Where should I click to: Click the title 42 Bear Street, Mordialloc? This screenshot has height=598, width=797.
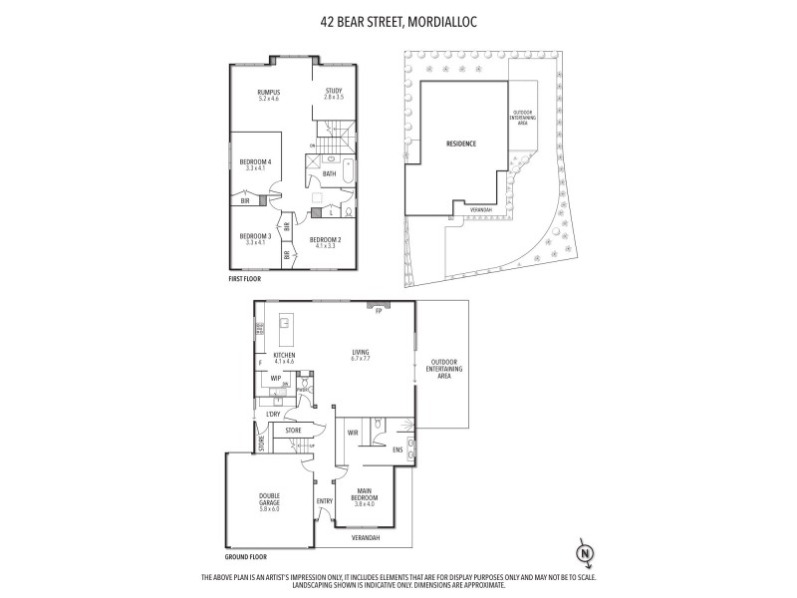[398, 17]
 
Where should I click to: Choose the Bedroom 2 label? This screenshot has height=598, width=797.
[325, 241]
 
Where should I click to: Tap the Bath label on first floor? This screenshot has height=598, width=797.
[329, 173]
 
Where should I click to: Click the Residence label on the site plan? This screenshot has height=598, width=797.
[461, 144]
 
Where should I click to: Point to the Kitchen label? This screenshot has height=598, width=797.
[285, 355]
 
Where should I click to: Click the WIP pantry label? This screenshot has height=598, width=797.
[275, 378]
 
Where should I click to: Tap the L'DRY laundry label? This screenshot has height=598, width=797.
[273, 413]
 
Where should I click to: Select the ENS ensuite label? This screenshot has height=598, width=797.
[397, 448]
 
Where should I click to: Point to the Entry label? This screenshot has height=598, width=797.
[324, 501]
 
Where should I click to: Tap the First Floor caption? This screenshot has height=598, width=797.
[244, 280]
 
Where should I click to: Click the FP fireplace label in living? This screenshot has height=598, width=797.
[379, 311]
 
